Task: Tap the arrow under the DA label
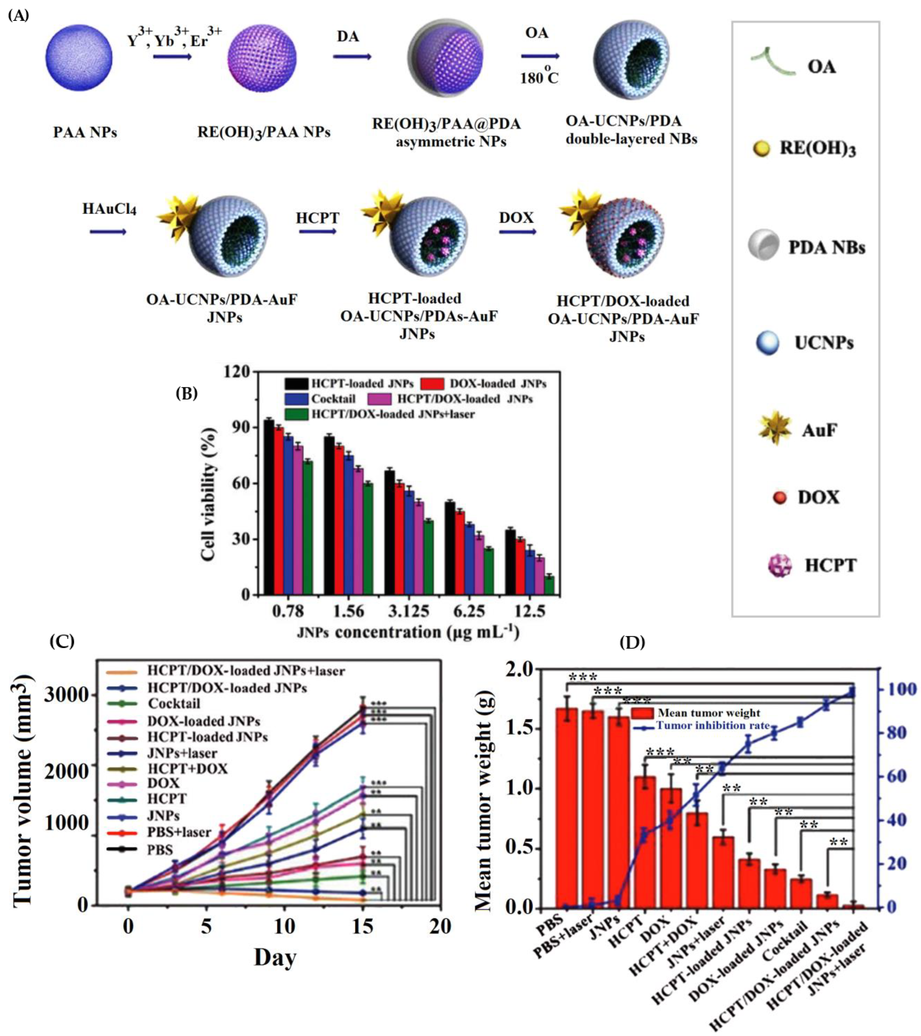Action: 352,56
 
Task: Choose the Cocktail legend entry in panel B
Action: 333,399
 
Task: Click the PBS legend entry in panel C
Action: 160,850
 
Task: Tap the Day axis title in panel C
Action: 275,957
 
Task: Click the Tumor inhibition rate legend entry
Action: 713,725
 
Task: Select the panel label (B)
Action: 187,393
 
